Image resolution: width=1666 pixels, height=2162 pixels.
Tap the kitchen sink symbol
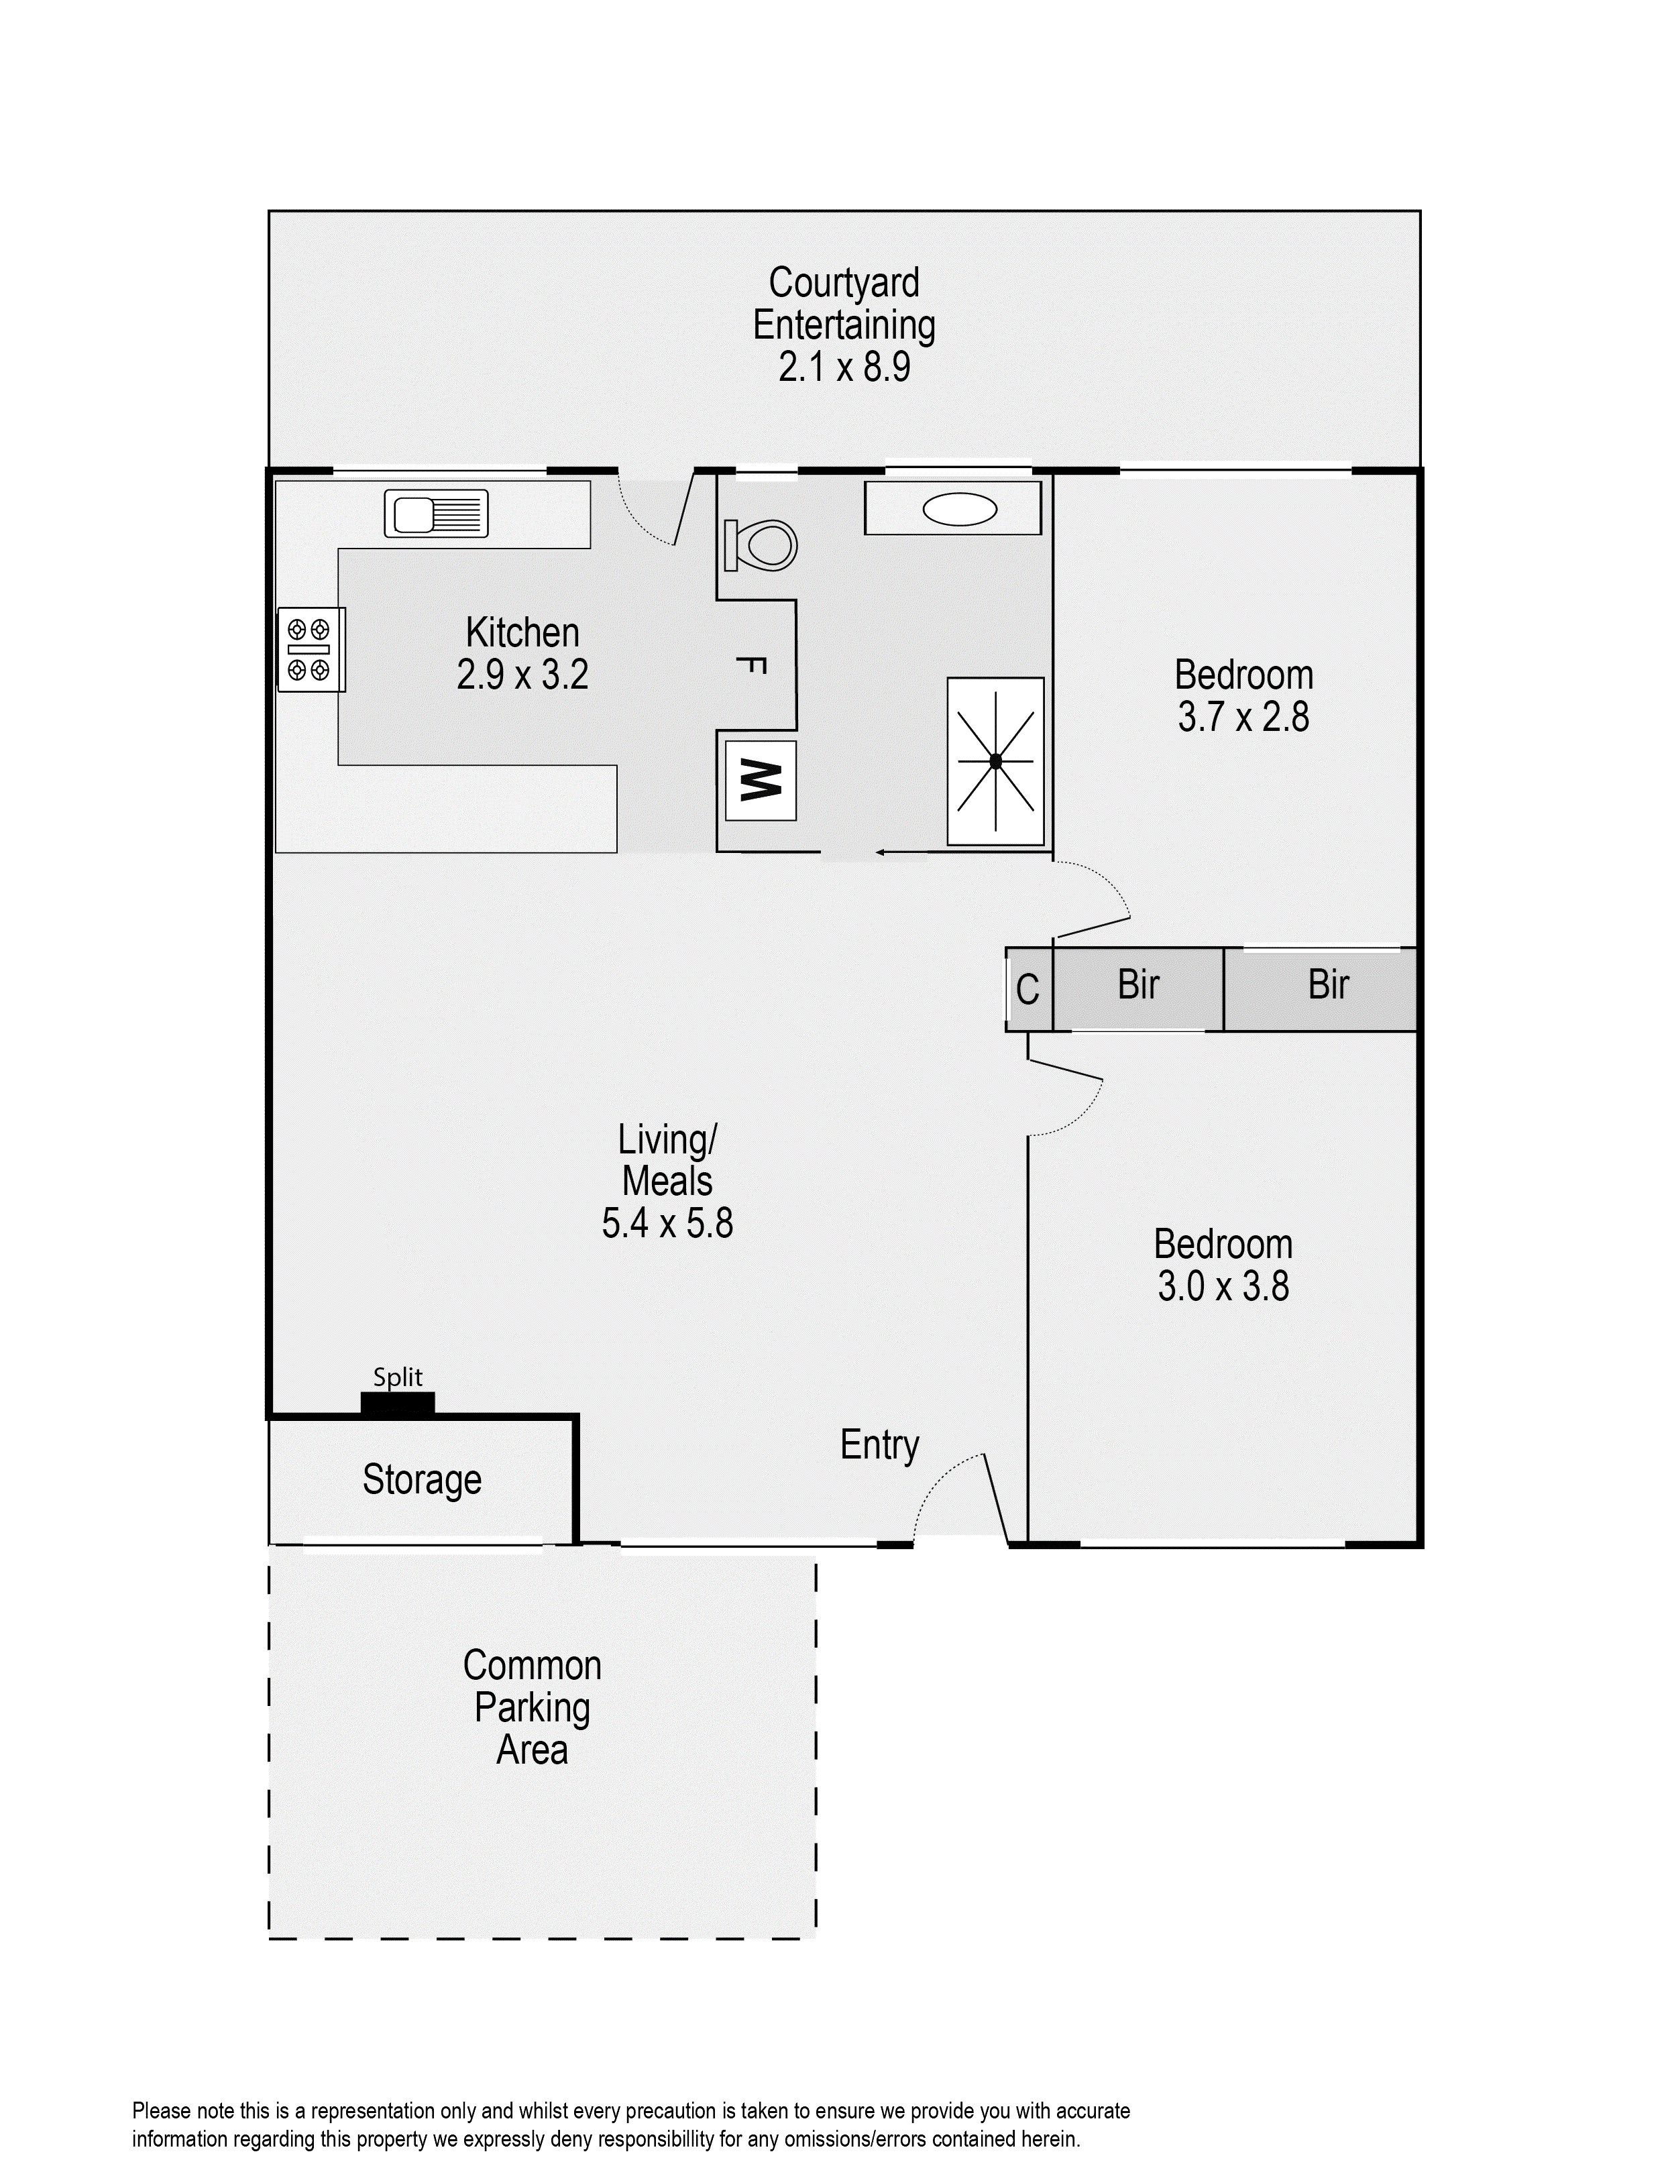click(x=435, y=514)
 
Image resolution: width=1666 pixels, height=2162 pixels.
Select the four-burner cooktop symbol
click(x=309, y=649)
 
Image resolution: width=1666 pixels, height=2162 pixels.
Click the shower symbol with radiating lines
click(x=995, y=761)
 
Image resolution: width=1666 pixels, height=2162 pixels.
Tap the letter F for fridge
click(x=753, y=665)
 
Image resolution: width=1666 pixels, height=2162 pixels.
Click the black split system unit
click(x=397, y=1405)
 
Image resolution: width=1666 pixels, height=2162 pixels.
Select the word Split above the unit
click(x=397, y=1377)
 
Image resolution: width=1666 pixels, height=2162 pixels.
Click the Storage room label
click(x=422, y=1480)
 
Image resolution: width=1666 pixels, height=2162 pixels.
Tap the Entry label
click(x=879, y=1445)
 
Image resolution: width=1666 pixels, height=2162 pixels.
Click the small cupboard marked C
click(x=1028, y=989)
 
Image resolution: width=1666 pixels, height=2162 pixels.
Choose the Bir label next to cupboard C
click(x=1137, y=985)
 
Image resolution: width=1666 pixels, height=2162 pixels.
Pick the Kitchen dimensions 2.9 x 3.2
click(x=522, y=675)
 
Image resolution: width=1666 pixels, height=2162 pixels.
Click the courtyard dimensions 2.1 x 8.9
click(x=843, y=367)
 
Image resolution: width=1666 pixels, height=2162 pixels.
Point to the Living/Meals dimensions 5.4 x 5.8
click(x=667, y=1224)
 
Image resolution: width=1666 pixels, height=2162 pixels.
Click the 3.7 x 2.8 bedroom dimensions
click(x=1243, y=717)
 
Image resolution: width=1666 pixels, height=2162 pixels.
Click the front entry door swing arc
click(x=940, y=1485)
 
